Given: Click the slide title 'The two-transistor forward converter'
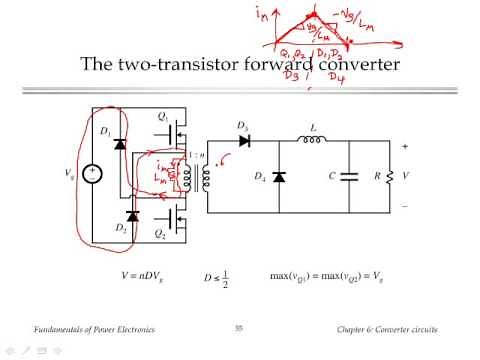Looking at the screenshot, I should pyautogui.click(x=239, y=66).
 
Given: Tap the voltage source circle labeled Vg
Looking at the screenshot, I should pyautogui.click(x=94, y=172).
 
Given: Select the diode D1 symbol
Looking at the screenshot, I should pyautogui.click(x=121, y=143).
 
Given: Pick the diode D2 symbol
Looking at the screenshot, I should pyautogui.click(x=132, y=214).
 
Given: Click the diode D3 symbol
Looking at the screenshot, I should pyautogui.click(x=242, y=140).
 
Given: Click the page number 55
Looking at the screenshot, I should pyautogui.click(x=239, y=328).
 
